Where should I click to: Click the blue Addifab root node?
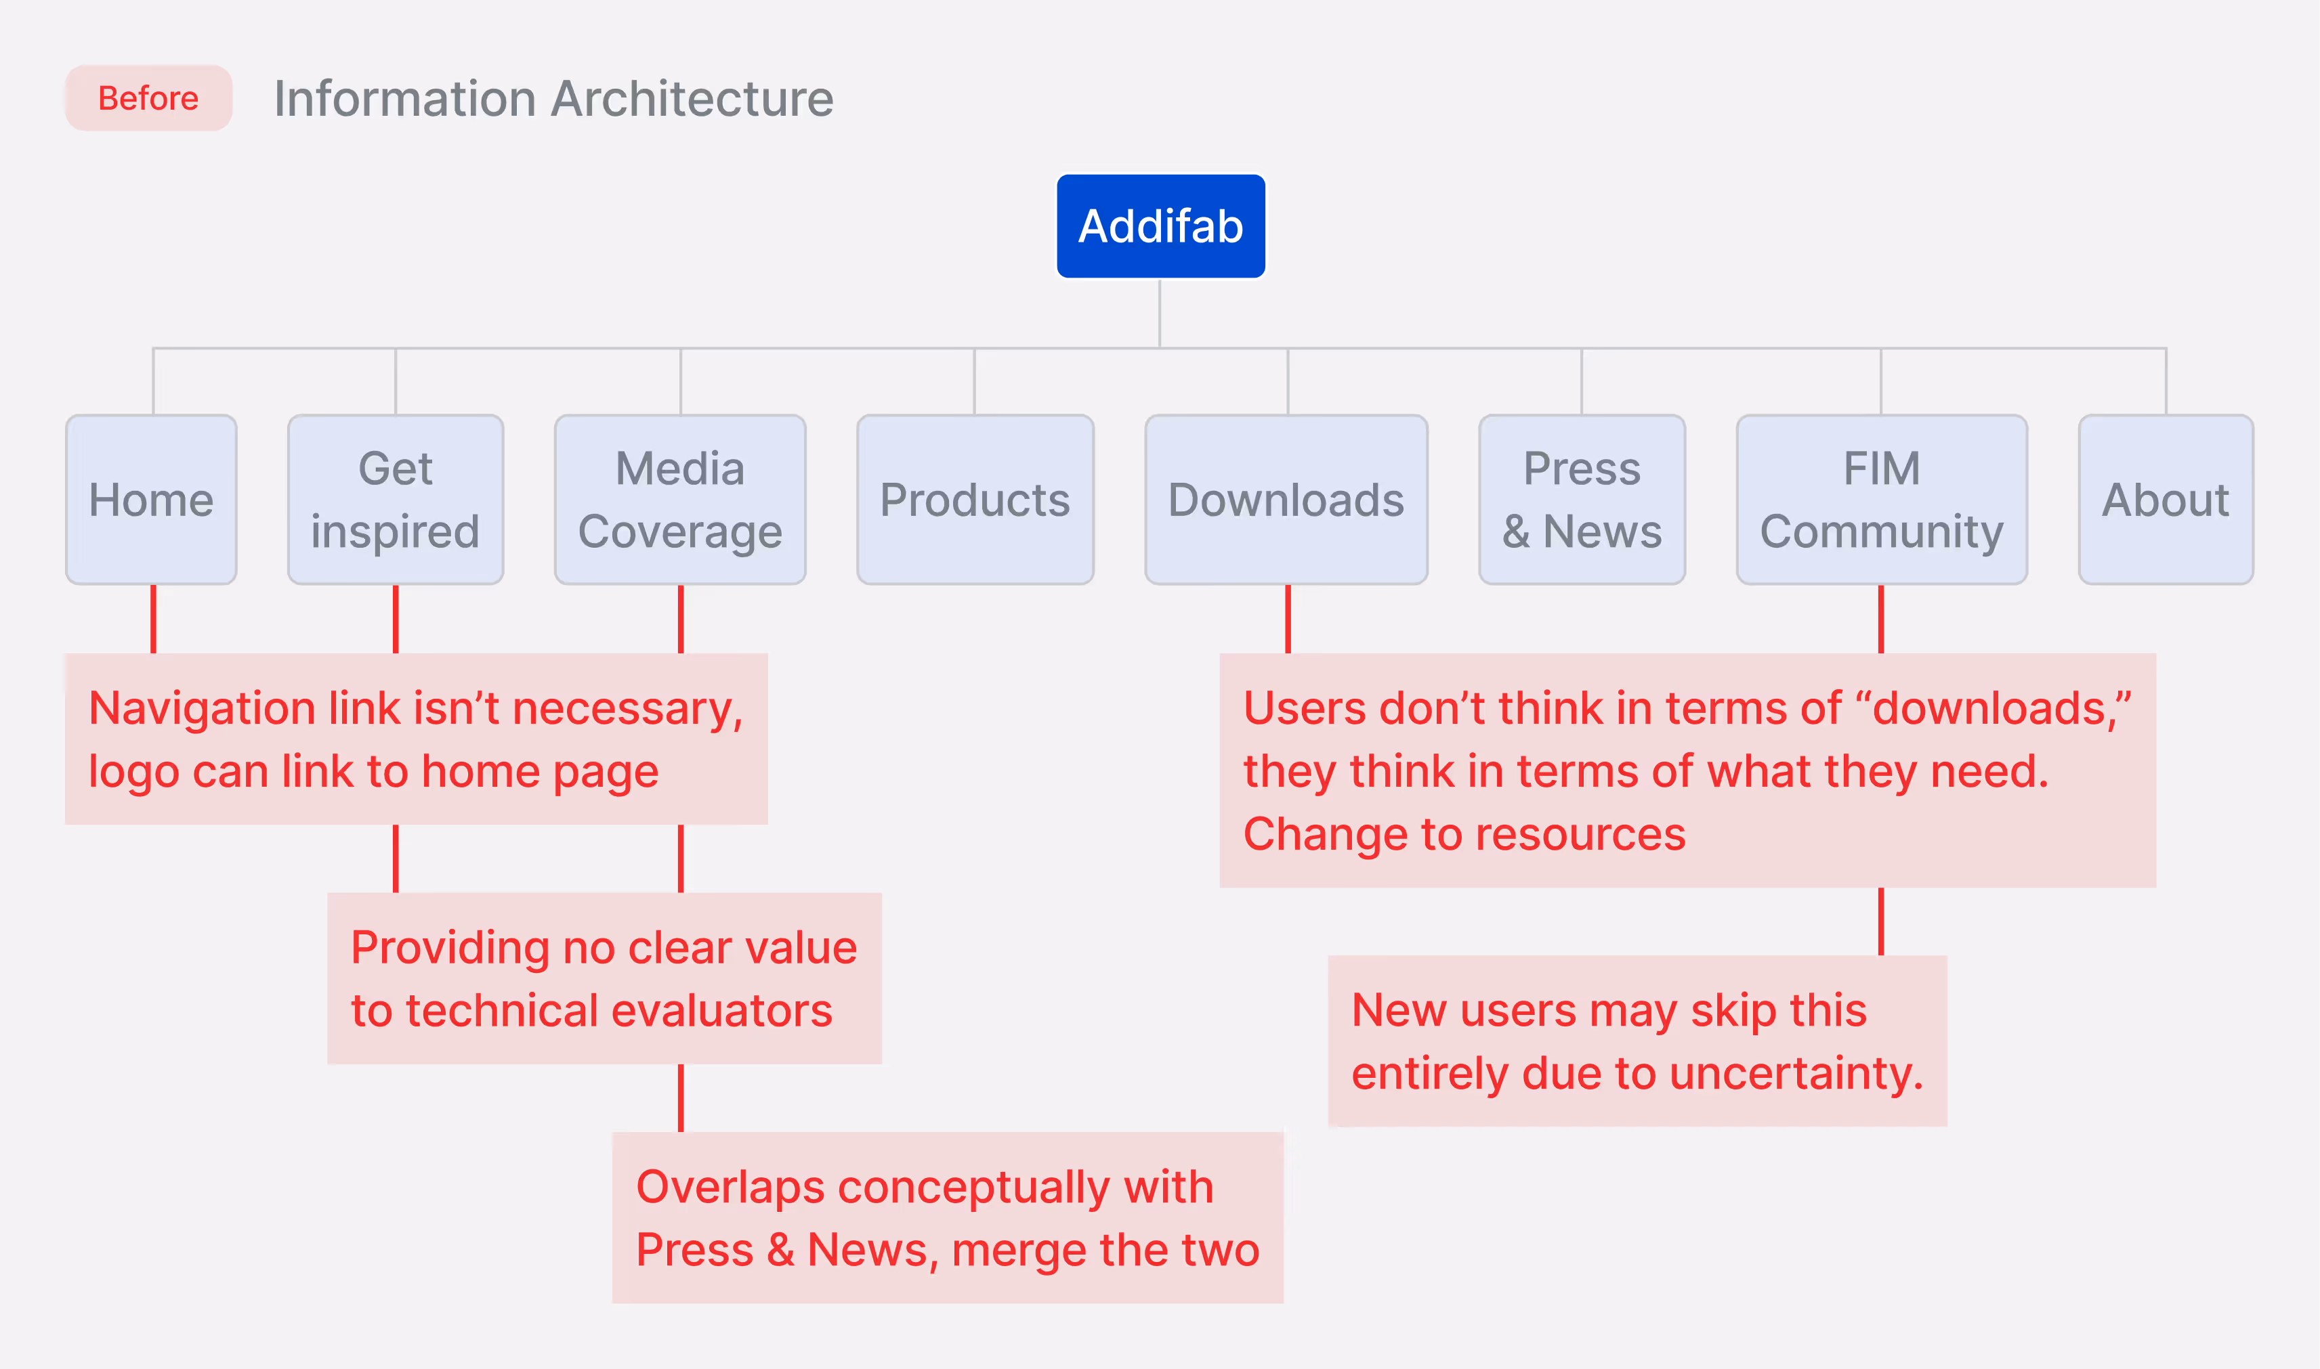pyautogui.click(x=1160, y=226)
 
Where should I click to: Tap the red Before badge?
pyautogui.click(x=148, y=97)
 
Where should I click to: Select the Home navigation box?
pyautogui.click(x=151, y=499)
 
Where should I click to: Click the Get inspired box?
pyautogui.click(x=395, y=499)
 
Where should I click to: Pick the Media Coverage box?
pyautogui.click(x=680, y=499)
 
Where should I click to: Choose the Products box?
pyautogui.click(x=975, y=499)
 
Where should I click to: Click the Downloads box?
pyautogui.click(x=1286, y=499)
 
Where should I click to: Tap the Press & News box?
pyautogui.click(x=1582, y=499)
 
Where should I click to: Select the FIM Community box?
pyautogui.click(x=1882, y=499)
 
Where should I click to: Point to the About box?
pyautogui.click(x=2165, y=499)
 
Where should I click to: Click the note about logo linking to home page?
pyautogui.click(x=415, y=739)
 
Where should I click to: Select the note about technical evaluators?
pyautogui.click(x=604, y=978)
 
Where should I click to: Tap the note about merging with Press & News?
pyautogui.click(x=947, y=1218)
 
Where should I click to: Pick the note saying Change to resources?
pyautogui.click(x=1687, y=770)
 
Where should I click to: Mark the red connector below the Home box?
pyautogui.click(x=153, y=618)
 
